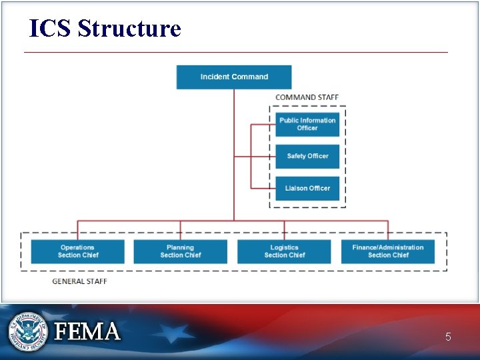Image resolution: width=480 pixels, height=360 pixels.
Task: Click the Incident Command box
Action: (x=234, y=77)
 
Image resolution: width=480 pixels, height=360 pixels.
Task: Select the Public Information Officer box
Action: (x=307, y=124)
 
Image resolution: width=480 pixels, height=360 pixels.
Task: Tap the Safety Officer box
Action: (x=307, y=156)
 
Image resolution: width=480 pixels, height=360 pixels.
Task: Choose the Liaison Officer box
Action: (x=307, y=188)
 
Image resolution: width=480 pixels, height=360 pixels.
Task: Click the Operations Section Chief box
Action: (x=77, y=251)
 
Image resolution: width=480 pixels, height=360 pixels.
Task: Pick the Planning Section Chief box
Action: (x=180, y=251)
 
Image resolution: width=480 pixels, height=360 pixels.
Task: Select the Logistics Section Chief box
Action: (x=284, y=251)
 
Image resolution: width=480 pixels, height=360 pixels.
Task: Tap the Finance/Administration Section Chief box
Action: (x=388, y=251)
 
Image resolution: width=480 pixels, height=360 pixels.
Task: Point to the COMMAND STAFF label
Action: (x=307, y=97)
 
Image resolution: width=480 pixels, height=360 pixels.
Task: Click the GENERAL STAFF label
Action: (x=79, y=281)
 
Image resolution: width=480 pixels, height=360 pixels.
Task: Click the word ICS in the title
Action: (x=50, y=29)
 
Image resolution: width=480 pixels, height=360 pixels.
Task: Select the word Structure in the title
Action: (x=129, y=29)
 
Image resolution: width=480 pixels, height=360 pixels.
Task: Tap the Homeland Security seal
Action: (x=28, y=331)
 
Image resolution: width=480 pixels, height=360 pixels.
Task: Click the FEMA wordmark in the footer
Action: (x=87, y=331)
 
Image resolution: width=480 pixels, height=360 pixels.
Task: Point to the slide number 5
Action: (x=448, y=337)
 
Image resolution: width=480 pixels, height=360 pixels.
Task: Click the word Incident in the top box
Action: (x=216, y=77)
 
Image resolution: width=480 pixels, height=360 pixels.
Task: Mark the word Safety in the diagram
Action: (x=297, y=156)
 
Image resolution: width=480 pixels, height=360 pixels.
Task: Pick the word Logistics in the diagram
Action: (x=284, y=247)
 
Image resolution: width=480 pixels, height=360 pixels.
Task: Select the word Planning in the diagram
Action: (x=180, y=247)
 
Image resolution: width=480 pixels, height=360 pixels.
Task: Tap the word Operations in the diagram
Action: (x=77, y=247)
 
